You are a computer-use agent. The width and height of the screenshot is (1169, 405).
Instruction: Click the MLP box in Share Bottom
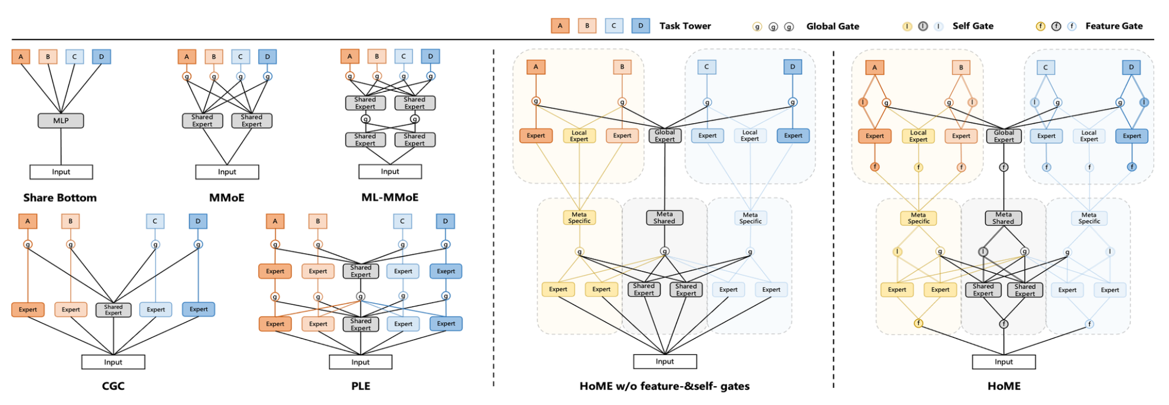(x=61, y=121)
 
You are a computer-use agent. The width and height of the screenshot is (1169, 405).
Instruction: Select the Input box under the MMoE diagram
(x=227, y=172)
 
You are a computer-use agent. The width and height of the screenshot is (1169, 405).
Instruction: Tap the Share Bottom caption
(x=60, y=198)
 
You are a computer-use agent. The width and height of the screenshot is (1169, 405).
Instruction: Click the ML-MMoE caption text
(x=389, y=197)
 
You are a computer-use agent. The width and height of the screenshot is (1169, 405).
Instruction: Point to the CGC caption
(x=113, y=386)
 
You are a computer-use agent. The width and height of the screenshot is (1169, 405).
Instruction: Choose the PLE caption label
(x=361, y=386)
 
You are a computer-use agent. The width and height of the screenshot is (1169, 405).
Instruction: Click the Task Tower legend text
(x=685, y=26)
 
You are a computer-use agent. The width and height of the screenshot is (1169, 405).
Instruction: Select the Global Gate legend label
(x=832, y=26)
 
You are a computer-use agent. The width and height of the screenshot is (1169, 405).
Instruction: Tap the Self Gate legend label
(x=973, y=26)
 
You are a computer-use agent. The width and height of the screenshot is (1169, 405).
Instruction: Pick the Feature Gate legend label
(x=1114, y=26)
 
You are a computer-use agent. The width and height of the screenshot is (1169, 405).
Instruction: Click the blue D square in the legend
(x=640, y=26)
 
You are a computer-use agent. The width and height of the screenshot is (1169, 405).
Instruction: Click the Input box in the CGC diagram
(x=113, y=362)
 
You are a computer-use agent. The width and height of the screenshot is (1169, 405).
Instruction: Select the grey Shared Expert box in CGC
(x=113, y=310)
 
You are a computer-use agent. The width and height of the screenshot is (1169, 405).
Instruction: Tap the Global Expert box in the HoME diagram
(x=1003, y=136)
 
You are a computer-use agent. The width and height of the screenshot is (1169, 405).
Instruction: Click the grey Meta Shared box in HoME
(x=1003, y=218)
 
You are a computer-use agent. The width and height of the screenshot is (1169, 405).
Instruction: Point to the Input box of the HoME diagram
(x=1003, y=362)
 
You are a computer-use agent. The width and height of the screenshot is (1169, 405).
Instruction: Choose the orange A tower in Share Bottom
(x=21, y=57)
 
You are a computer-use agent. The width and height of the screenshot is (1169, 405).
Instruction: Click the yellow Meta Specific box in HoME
(x=918, y=218)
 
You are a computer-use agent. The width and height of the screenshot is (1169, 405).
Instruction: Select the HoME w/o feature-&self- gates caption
(x=664, y=386)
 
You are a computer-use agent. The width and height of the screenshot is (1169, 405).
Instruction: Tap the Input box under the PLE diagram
(x=361, y=362)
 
